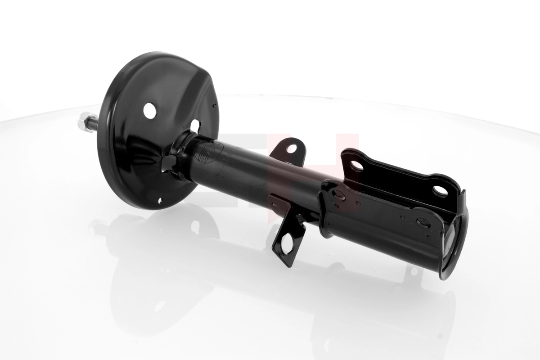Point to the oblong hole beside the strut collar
click(x=195, y=125)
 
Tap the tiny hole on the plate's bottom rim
click(x=161, y=202)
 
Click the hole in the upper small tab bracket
click(x=292, y=148)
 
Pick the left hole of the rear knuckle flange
click(x=356, y=166)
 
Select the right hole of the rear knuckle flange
click(x=440, y=190)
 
